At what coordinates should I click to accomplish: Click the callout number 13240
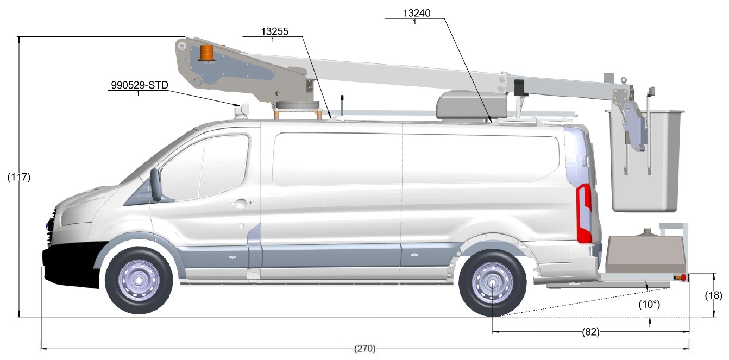pos(417,13)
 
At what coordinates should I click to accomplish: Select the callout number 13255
pos(275,31)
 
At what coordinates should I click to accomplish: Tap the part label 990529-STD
pos(140,85)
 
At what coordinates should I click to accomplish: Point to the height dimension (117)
pos(19,177)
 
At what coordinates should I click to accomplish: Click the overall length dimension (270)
pos(365,349)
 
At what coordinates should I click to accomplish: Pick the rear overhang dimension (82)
pos(590,332)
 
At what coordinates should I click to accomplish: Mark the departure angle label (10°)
pos(649,305)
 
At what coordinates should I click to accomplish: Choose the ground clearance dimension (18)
pos(714,295)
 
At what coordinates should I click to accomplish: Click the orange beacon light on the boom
pos(206,53)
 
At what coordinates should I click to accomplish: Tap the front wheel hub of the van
pos(139,280)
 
